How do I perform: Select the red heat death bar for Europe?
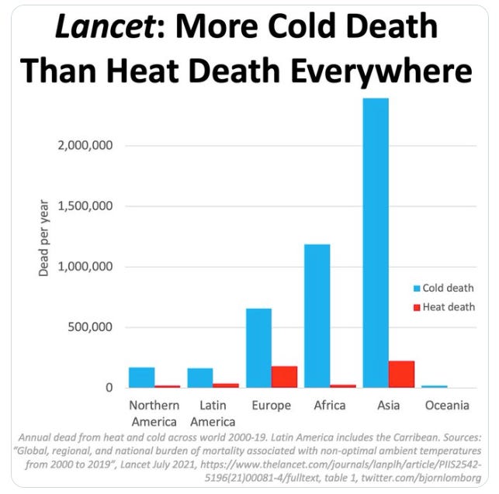[284, 377]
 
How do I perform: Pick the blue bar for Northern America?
[141, 377]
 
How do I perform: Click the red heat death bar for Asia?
[401, 374]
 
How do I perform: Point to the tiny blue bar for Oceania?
[435, 386]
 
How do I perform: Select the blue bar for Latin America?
[200, 378]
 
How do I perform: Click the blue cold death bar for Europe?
[258, 347]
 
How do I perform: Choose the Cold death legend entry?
[447, 288]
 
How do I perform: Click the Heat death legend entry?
[447, 307]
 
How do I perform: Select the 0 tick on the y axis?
[110, 388]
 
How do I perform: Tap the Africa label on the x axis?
[330, 406]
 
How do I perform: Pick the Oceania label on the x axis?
[447, 406]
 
